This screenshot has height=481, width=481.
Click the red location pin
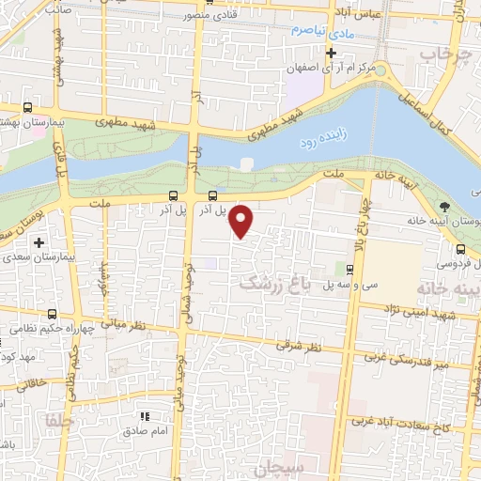coord(242,222)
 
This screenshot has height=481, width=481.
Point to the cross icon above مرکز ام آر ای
coord(330,53)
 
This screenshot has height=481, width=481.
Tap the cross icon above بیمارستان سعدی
coord(38,242)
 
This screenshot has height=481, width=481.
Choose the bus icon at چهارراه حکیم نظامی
coord(52,315)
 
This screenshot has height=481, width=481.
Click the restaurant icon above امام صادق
coord(145,415)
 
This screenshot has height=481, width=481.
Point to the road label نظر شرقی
coord(298,347)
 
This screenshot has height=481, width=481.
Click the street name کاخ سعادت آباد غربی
coord(405,423)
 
